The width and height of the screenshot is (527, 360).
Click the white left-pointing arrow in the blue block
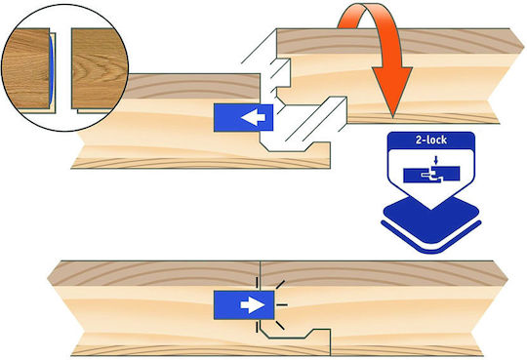(253, 118)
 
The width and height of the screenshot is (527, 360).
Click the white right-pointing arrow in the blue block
(253, 305)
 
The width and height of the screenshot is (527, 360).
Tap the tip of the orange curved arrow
(392, 117)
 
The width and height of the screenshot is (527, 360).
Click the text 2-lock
(431, 140)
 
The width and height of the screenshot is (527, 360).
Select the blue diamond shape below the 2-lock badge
(431, 220)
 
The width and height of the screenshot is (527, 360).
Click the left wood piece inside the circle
(27, 68)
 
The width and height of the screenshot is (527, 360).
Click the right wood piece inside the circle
(100, 68)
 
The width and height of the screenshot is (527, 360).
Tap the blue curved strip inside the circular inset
(52, 69)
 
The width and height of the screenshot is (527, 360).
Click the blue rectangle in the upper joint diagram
(243, 118)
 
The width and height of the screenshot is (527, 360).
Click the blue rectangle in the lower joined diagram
(244, 305)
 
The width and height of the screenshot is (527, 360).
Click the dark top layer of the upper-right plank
(396, 41)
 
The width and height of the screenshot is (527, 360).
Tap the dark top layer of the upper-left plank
(193, 86)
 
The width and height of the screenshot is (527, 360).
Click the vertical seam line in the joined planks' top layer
(261, 274)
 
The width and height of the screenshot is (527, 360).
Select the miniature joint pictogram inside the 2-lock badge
(431, 175)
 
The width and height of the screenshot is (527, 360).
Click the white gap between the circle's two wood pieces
(63, 69)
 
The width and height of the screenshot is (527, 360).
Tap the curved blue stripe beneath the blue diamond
(431, 238)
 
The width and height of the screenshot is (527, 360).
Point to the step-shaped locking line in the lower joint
(296, 337)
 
